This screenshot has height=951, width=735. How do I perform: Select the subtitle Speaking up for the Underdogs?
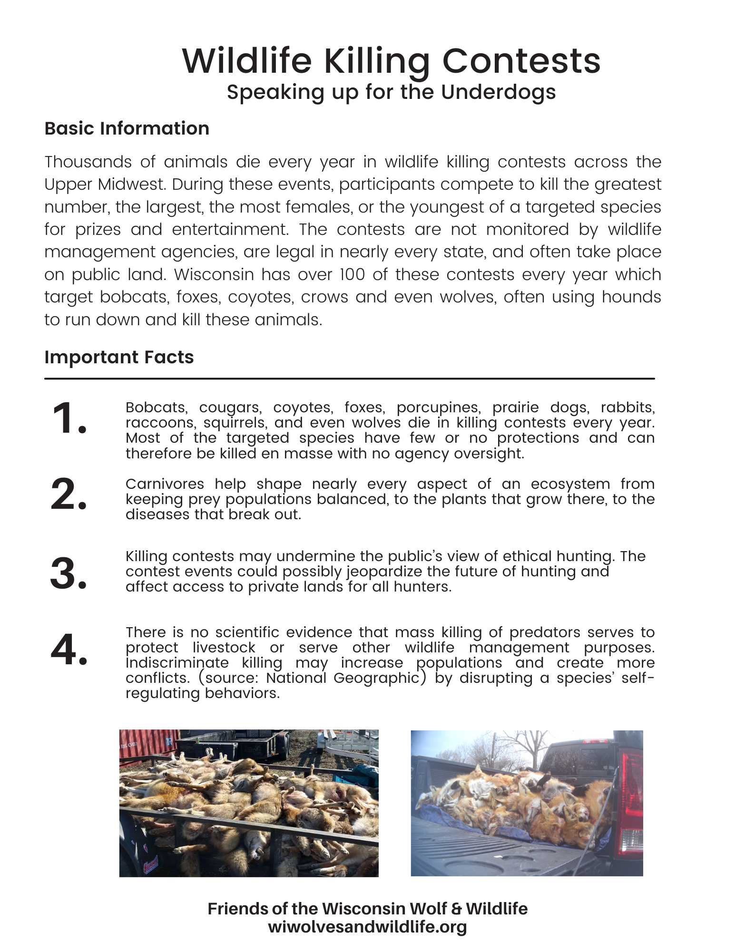click(391, 92)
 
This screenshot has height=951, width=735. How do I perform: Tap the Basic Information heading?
click(127, 128)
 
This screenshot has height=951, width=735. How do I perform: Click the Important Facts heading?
click(119, 357)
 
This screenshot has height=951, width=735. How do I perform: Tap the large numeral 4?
click(69, 649)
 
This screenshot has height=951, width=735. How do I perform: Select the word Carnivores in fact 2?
click(165, 484)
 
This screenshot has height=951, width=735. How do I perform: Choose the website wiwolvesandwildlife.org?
click(367, 927)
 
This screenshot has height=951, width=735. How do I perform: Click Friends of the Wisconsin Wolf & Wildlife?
click(367, 909)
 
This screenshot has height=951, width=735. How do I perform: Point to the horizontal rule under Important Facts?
click(350, 379)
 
